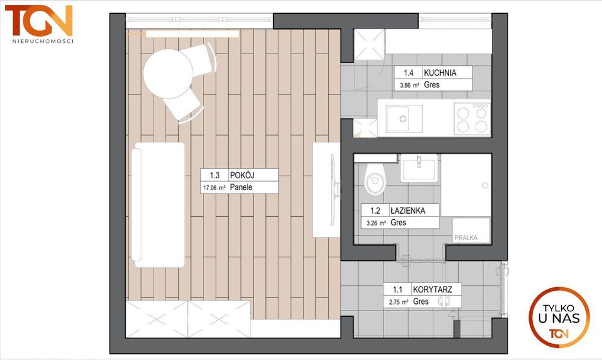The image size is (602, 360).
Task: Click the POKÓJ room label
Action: [x=242, y=175]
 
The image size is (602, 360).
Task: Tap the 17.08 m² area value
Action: [x=214, y=188]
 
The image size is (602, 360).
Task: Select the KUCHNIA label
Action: [x=440, y=72]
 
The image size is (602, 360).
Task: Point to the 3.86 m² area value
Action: [x=409, y=85]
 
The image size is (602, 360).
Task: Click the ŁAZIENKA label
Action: [x=408, y=210]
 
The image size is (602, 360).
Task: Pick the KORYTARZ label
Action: [x=432, y=289]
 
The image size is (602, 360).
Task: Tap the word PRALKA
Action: [x=466, y=238]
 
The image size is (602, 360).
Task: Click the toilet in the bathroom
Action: [x=374, y=179]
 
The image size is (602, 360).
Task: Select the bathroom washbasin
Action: [x=419, y=168]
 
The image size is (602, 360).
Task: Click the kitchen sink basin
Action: [x=403, y=119]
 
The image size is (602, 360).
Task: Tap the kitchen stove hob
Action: [x=472, y=119]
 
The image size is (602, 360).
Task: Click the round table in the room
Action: [x=168, y=73]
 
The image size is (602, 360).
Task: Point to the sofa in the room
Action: [x=158, y=205]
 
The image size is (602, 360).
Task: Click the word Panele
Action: [x=241, y=187]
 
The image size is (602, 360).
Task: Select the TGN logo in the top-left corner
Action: [x=39, y=20]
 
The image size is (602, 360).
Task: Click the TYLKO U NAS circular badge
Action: [x=559, y=317]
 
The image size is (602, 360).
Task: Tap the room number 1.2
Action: [x=375, y=210]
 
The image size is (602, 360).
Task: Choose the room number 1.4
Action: [x=409, y=72]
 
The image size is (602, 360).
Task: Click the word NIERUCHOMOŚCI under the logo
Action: [x=43, y=41]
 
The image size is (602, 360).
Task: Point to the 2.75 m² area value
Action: [x=399, y=302]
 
